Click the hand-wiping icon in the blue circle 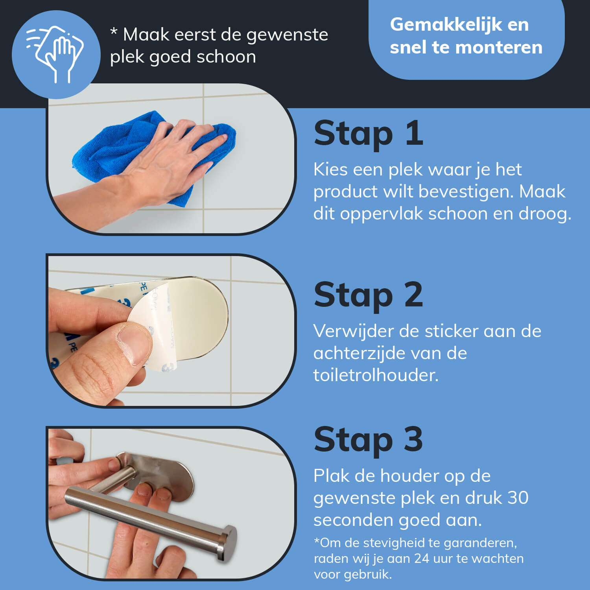tap(55, 54)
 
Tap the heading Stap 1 tap(368, 134)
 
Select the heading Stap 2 tap(368, 295)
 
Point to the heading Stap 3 tap(368, 439)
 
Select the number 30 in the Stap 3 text tap(518, 498)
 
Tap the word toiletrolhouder tap(376, 375)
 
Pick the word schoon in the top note tap(226, 57)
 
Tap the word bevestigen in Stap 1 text tap(466, 192)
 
